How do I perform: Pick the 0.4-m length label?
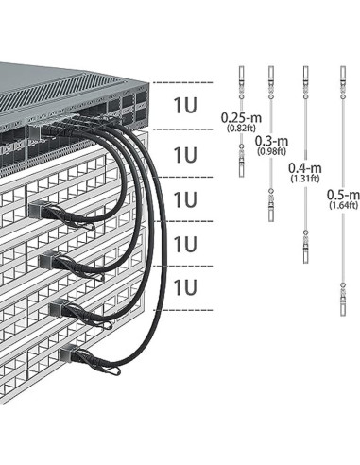pos(302,167)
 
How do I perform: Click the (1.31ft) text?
pos(302,179)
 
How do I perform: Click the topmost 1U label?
pos(186,106)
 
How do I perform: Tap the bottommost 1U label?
pos(186,287)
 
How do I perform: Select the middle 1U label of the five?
pos(186,199)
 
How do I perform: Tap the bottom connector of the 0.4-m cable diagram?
pos(303,248)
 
